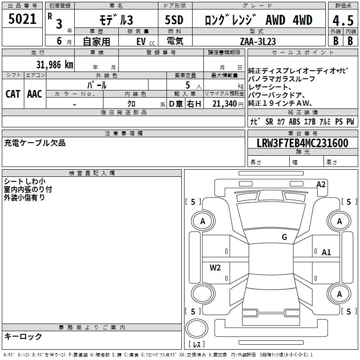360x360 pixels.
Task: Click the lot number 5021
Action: (22, 19)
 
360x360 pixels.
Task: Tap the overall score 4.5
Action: (343, 20)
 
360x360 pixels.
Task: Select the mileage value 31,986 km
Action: (54, 65)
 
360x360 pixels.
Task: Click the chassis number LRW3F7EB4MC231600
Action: (302, 143)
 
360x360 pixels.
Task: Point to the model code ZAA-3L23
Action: (258, 41)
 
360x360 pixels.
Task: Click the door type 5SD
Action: (174, 20)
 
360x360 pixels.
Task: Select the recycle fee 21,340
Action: (225, 104)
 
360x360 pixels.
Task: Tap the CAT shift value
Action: (13, 94)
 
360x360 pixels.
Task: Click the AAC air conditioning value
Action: (35, 94)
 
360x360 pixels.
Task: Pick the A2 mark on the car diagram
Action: (321, 184)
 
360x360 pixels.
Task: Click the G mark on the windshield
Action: (284, 237)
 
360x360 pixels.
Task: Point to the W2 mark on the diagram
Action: (215, 267)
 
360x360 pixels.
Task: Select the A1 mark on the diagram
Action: (326, 252)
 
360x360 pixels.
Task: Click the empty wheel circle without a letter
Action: (203, 294)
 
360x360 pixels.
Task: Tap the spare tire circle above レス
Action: (197, 328)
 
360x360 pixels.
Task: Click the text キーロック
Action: (23, 336)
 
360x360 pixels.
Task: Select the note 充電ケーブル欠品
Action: (35, 143)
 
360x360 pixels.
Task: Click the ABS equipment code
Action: (294, 121)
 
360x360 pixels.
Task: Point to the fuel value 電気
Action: (175, 41)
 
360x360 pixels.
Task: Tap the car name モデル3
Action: (116, 20)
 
